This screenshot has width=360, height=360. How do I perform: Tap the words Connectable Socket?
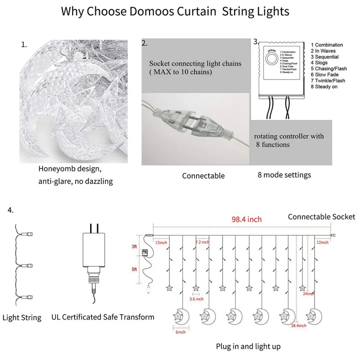pos(321,217)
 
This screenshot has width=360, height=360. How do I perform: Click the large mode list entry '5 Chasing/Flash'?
pos(331,69)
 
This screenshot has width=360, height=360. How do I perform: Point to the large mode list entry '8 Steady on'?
pos(326,87)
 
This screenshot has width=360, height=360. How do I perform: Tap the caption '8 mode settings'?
pos(284,175)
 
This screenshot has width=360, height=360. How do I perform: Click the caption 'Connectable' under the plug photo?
pos(203,176)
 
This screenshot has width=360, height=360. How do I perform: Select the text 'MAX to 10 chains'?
pos(180,72)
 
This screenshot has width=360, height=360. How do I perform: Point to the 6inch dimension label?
pos(181,332)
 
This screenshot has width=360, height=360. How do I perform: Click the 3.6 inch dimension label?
pos(196,299)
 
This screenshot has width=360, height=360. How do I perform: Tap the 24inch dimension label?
pos(309,294)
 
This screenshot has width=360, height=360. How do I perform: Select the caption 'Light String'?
pos(22,318)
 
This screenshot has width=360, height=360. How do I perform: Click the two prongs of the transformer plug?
pos(94,228)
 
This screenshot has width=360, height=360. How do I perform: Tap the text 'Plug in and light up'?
pos(248,346)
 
